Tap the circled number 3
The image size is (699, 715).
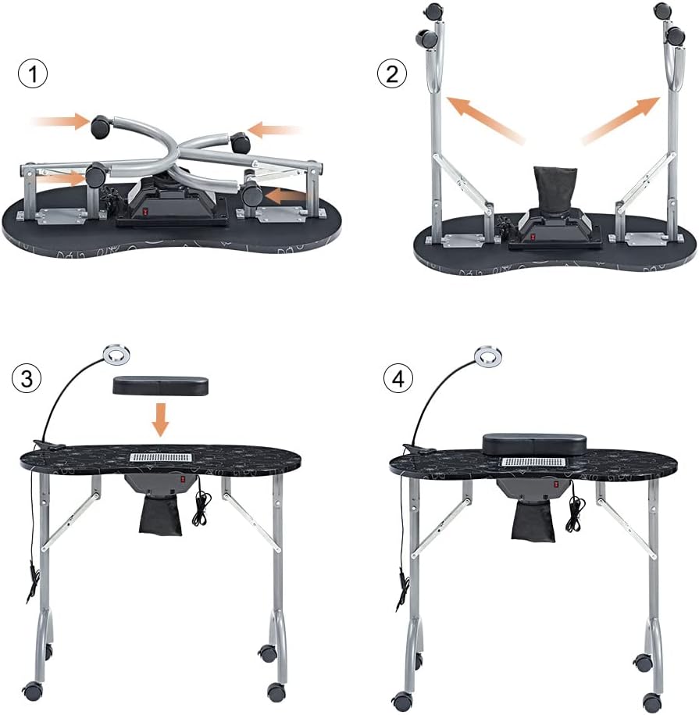27,379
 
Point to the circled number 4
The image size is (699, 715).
399,379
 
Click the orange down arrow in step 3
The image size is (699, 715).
160,418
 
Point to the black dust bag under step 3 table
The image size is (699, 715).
161,515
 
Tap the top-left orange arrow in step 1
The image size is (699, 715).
62,122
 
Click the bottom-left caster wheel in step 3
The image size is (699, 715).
34,690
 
